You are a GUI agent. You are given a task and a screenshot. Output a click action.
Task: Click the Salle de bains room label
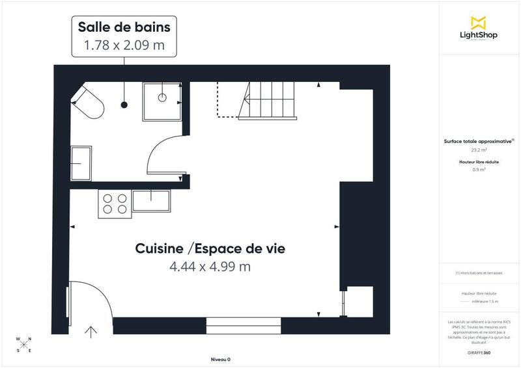[124, 27]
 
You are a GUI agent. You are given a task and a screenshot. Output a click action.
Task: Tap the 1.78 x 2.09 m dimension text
[124, 46]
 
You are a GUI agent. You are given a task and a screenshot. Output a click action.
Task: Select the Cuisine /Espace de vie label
[210, 248]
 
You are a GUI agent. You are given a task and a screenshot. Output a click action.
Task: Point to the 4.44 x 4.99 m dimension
[210, 267]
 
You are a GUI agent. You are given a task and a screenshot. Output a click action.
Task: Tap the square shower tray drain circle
[162, 98]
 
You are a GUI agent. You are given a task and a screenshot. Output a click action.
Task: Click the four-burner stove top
[114, 203]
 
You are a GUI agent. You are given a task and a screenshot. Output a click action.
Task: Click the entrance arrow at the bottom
[91, 332]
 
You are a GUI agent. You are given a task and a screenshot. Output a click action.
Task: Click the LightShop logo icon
[479, 22]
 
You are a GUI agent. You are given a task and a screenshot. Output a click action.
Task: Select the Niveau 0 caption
[221, 360]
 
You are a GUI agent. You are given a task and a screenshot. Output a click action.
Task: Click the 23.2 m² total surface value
[479, 150]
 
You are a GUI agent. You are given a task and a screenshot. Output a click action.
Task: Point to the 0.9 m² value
[479, 170]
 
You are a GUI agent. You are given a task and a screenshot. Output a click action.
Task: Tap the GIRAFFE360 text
[479, 352]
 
